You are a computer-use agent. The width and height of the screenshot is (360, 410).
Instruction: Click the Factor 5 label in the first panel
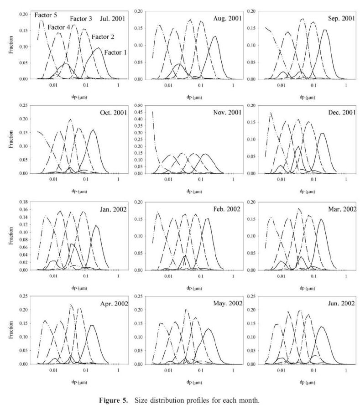pyautogui.click(x=46, y=15)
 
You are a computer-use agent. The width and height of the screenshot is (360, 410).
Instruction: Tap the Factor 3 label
pyautogui.click(x=81, y=19)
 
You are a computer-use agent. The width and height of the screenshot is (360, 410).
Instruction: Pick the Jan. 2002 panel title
pyautogui.click(x=111, y=209)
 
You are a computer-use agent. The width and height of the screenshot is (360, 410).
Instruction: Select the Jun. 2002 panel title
pyautogui.click(x=340, y=303)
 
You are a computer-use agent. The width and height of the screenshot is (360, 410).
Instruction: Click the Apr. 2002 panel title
pyautogui.click(x=112, y=303)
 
